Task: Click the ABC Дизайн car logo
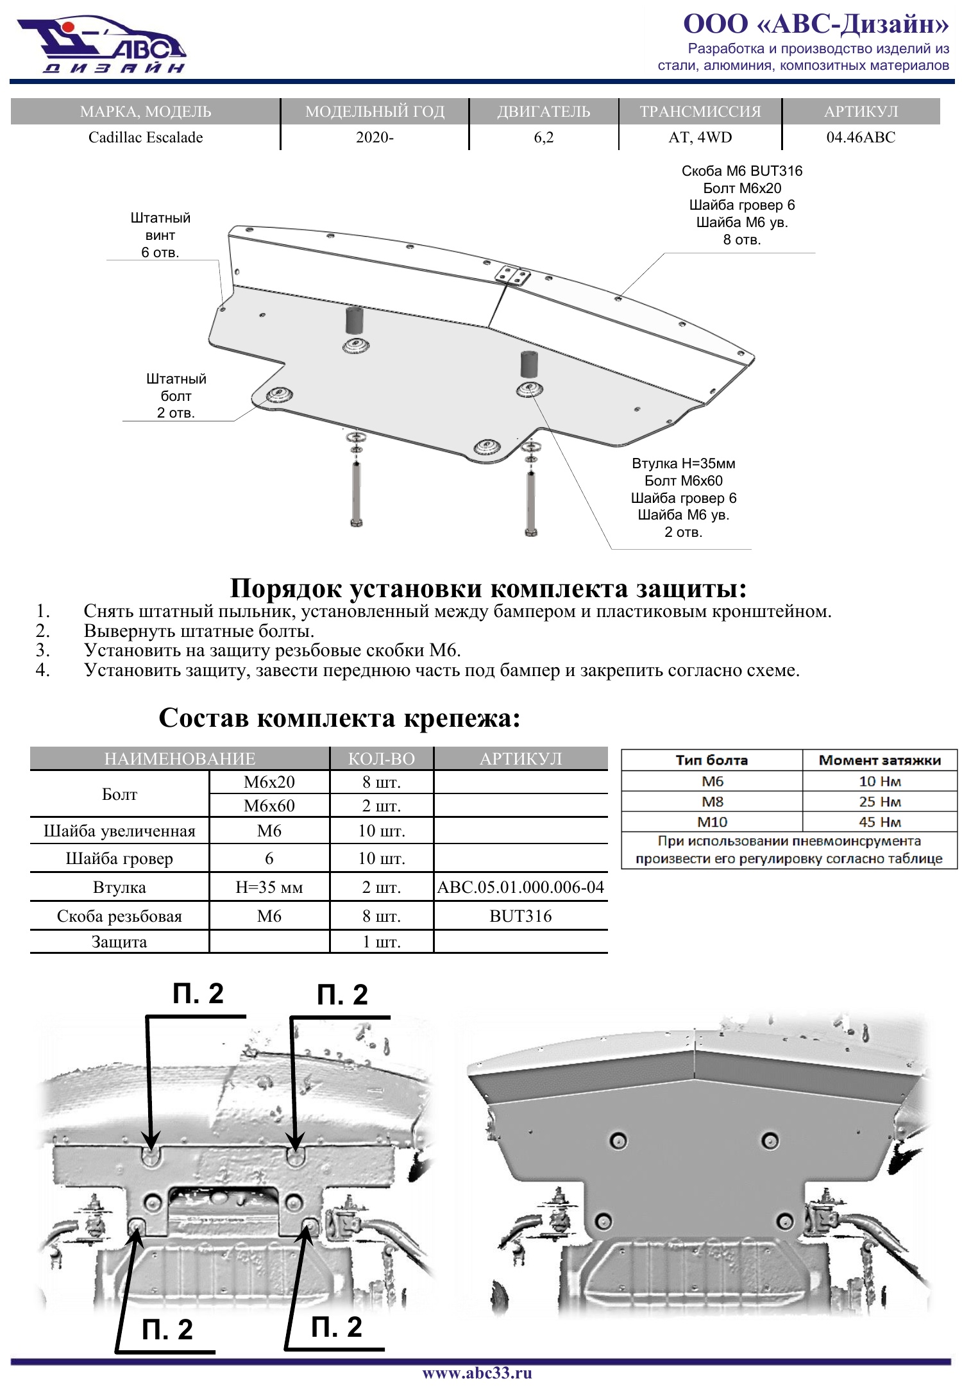pos(101,45)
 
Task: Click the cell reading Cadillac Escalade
pos(146,137)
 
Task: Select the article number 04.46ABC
pos(861,137)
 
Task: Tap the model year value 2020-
pos(375,137)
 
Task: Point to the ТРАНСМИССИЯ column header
pos(700,112)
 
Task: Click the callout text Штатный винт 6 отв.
pos(160,235)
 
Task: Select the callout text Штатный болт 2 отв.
pos(176,396)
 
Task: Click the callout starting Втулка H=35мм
pos(684,498)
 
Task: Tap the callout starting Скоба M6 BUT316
pos(742,205)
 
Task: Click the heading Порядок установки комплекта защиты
pos(488,588)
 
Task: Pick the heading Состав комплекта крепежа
pos(339,718)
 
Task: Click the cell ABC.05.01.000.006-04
pos(520,887)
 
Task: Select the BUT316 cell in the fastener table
pos(520,916)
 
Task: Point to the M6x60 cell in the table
pos(269,806)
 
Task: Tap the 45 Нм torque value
pos(880,822)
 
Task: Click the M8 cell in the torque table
pos(712,802)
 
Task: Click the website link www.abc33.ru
pos(477,1373)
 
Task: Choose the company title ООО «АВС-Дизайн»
pos(816,24)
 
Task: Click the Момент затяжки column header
pos(880,760)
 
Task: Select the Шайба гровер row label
pos(119,858)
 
